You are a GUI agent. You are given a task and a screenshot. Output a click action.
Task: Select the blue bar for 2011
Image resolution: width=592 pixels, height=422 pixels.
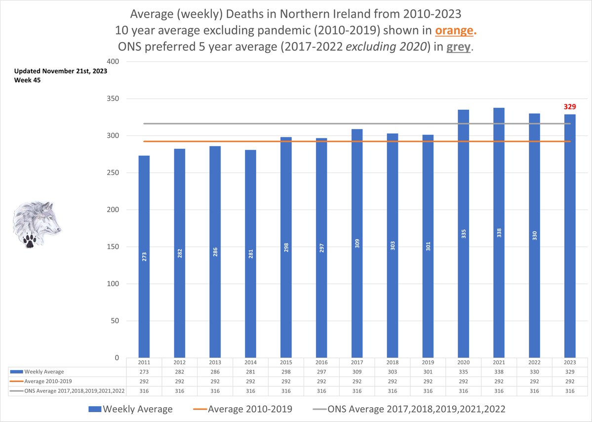click(144, 257)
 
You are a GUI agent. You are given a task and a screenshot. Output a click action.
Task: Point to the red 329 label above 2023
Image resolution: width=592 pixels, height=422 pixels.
click(570, 106)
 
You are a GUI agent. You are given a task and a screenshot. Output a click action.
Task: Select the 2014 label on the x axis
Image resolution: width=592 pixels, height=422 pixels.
click(250, 362)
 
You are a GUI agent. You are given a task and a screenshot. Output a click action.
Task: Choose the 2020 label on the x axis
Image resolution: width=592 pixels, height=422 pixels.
click(464, 362)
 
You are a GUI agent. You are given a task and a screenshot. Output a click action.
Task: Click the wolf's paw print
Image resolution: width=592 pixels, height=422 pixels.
click(31, 241)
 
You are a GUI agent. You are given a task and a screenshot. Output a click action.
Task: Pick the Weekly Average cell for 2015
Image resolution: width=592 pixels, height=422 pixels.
click(286, 372)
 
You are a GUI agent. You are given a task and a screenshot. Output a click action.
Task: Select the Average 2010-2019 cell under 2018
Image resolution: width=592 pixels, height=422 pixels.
click(393, 381)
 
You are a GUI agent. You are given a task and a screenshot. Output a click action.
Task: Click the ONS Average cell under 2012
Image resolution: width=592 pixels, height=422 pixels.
click(180, 391)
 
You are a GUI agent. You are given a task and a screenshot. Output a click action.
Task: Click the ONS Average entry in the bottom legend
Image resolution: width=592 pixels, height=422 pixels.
click(410, 409)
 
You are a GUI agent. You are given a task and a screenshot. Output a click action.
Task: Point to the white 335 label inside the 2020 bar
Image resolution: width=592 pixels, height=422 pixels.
click(464, 234)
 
